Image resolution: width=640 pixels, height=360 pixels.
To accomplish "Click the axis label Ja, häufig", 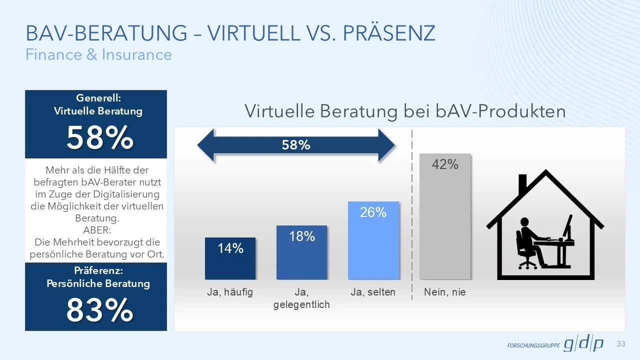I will click(230, 292).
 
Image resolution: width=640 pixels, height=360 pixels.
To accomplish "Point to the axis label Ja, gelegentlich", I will click(301, 298).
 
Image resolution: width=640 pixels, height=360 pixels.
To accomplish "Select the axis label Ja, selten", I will click(373, 292).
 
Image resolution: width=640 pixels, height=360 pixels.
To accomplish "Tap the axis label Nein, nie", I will click(444, 292).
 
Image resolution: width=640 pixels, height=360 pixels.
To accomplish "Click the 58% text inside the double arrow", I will click(296, 145).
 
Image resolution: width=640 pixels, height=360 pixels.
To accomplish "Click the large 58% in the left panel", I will click(99, 138).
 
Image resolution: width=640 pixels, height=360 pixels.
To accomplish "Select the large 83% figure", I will click(99, 310).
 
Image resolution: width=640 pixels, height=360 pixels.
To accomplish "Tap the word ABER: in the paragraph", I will click(95, 230).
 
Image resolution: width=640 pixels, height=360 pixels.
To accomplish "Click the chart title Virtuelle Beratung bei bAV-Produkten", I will click(405, 111).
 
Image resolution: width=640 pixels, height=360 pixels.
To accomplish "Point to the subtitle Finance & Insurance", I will click(98, 54).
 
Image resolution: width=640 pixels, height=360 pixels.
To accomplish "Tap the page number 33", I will click(621, 344).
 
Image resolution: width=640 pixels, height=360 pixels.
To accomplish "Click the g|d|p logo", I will click(583, 344).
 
